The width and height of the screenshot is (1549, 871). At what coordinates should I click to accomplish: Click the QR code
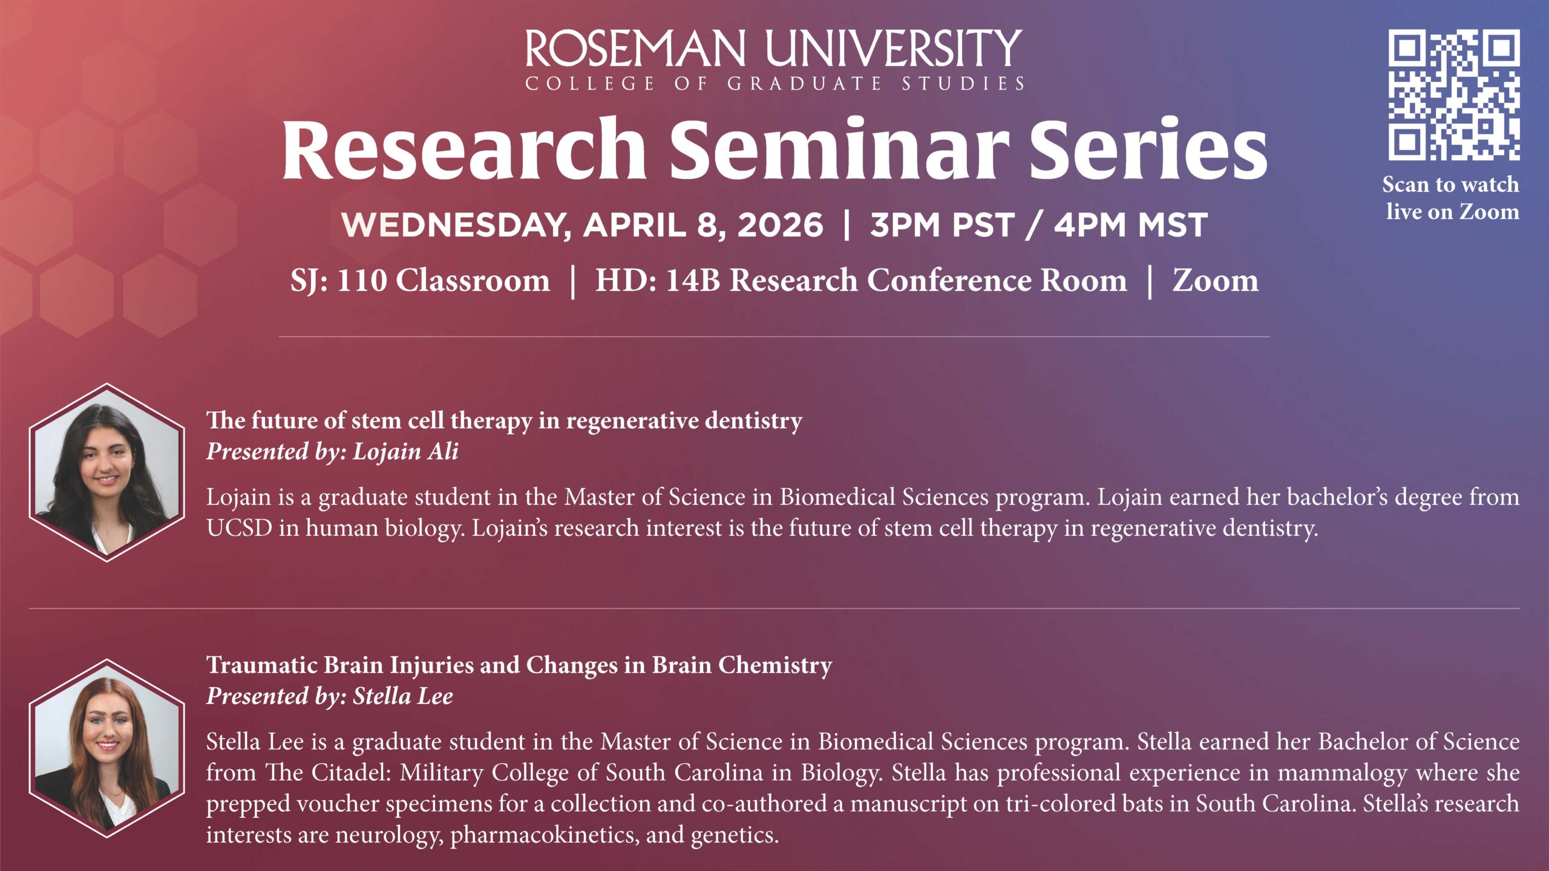point(1453,95)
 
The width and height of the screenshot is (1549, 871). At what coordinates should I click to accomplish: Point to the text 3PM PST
point(942,225)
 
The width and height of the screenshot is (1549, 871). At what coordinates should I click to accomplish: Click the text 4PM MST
point(1130,225)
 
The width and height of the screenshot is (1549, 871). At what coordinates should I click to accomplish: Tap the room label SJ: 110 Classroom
point(420,281)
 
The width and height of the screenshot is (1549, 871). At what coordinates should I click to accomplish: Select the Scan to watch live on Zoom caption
point(1452,198)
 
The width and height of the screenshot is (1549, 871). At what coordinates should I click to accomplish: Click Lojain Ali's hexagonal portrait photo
point(106,472)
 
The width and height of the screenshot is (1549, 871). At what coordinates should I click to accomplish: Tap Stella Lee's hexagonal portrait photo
point(106,748)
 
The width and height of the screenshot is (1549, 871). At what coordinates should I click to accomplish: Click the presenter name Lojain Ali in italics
point(405,452)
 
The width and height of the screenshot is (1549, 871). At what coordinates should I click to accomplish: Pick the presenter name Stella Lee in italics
point(403,696)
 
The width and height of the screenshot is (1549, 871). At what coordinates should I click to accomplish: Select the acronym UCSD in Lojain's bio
point(239,528)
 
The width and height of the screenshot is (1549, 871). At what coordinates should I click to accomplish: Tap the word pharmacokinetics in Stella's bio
point(545,835)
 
